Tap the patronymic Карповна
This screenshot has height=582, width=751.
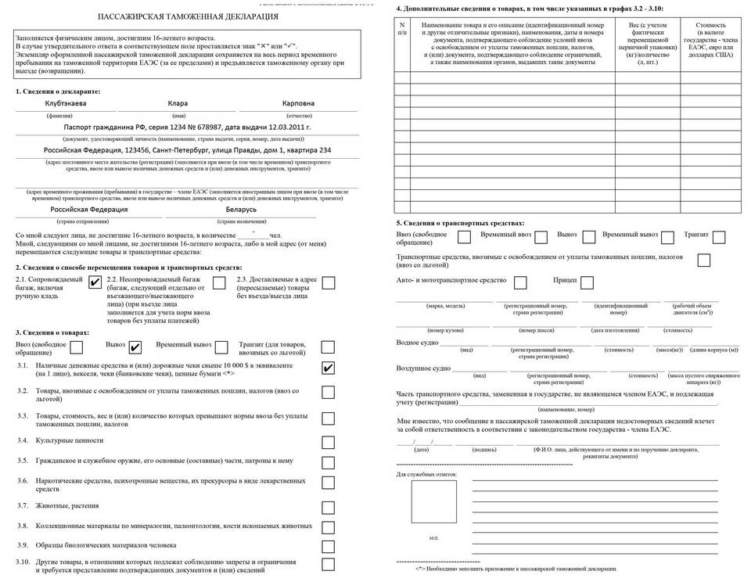pyautogui.click(x=298, y=104)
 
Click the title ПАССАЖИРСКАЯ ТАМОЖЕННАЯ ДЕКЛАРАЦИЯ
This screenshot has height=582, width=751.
pyautogui.click(x=189, y=16)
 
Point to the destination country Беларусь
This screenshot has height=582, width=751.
pyautogui.click(x=234, y=210)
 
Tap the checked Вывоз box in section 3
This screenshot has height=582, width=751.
pyautogui.click(x=135, y=347)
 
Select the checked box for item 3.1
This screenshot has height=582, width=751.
pyautogui.click(x=329, y=368)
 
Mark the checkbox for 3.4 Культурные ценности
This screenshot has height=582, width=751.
pyautogui.click(x=329, y=441)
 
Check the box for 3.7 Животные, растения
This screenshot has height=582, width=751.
pyautogui.click(x=329, y=505)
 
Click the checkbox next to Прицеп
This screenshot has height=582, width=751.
pyautogui.click(x=587, y=282)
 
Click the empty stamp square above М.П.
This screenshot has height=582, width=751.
pyautogui.click(x=434, y=501)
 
